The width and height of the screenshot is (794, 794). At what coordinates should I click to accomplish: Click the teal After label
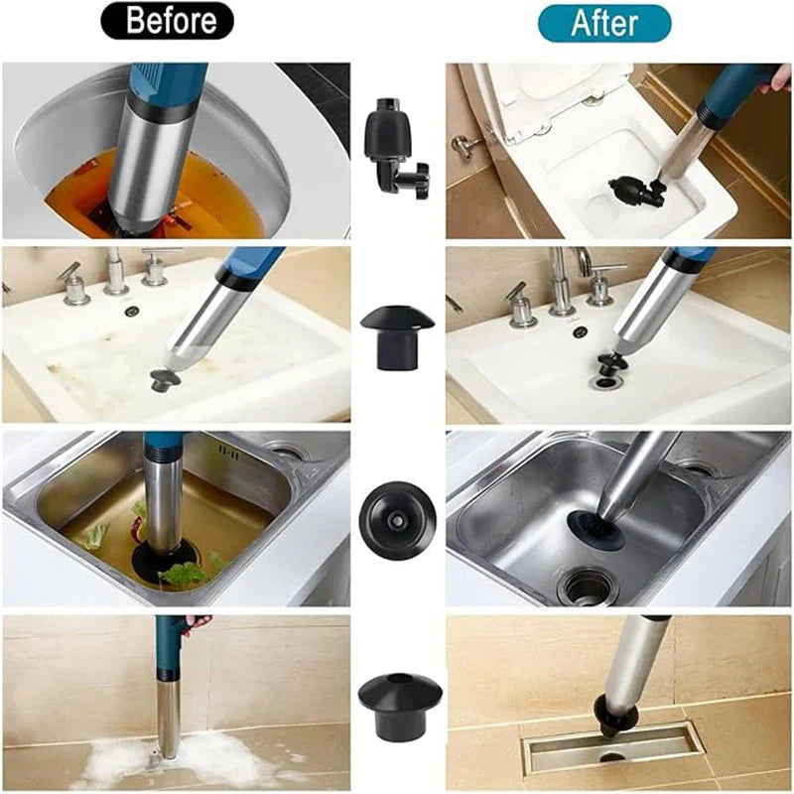603,22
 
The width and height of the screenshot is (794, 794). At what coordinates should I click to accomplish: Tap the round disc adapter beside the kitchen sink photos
397,518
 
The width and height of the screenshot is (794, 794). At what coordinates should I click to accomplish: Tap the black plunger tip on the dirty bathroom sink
160,379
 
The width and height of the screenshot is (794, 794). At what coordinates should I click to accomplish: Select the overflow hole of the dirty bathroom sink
130,312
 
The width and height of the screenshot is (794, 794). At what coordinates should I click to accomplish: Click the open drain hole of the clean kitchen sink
588,586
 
